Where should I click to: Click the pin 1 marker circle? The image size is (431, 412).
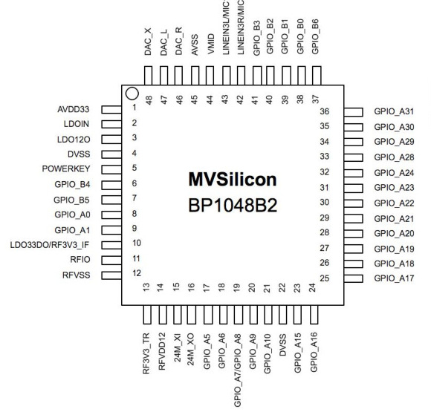[x=132, y=94]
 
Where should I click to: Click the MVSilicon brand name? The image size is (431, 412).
[x=233, y=180]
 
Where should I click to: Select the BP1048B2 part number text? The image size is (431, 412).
[x=233, y=206]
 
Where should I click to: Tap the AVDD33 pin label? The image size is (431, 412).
[x=74, y=109]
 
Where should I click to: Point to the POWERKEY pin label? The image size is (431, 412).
[x=66, y=169]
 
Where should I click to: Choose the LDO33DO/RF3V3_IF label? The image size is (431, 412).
[x=50, y=245]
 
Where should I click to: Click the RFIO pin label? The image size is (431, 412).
[x=80, y=260]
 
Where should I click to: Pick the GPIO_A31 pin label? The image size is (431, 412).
[x=394, y=111]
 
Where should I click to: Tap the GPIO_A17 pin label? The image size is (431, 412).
[x=394, y=278]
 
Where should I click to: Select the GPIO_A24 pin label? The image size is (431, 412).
[x=394, y=173]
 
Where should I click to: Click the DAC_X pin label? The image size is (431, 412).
[x=148, y=42]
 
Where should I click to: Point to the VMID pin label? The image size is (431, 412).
[x=210, y=44]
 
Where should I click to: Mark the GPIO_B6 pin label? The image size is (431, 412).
[x=315, y=36]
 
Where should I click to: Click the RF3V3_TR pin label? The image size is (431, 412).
[x=146, y=353]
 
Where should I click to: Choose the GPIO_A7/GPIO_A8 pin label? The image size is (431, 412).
[x=238, y=370]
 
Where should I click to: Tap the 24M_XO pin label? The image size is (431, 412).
[x=191, y=350]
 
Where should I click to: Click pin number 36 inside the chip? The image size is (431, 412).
[x=324, y=111]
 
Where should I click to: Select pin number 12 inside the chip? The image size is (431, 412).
[x=137, y=273]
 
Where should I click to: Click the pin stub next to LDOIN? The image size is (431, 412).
[x=111, y=124]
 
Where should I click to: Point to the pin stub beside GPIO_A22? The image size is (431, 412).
[x=354, y=203]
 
